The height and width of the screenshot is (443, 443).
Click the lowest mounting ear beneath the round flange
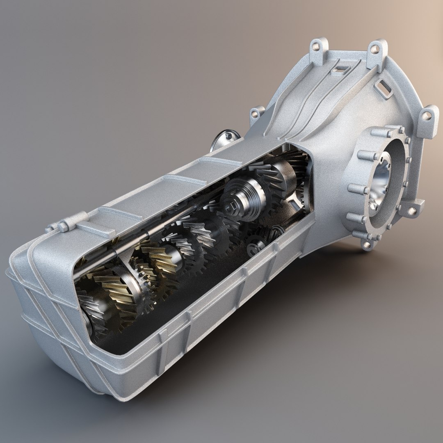coord(367,244)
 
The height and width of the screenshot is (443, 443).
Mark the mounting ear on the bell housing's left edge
coord(258,114)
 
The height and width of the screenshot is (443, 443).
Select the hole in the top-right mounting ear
coord(375,50)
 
